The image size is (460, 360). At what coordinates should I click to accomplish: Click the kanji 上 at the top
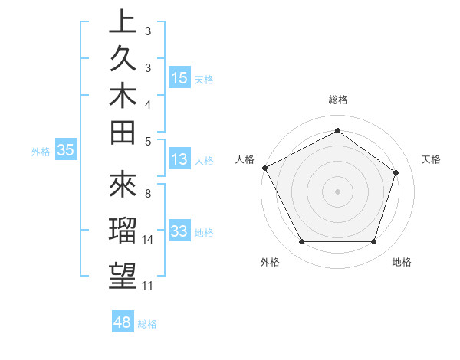pyautogui.click(x=123, y=22)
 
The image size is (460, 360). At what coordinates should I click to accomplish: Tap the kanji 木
pyautogui.click(x=123, y=97)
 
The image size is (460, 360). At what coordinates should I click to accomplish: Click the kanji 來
pyautogui.click(x=123, y=185)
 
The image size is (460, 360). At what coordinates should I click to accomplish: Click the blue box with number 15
pyautogui.click(x=179, y=78)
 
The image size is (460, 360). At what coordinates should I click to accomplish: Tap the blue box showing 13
pyautogui.click(x=179, y=160)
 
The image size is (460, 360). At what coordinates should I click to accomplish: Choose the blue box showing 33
pyautogui.click(x=179, y=231)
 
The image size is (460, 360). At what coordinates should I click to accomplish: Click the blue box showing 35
pyautogui.click(x=66, y=151)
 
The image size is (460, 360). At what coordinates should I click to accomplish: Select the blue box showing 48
pyautogui.click(x=123, y=322)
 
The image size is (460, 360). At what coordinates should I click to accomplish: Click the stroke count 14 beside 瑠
pyautogui.click(x=148, y=240)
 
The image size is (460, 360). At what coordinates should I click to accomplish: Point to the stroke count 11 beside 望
pyautogui.click(x=148, y=286)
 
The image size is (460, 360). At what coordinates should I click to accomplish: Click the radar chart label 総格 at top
pyautogui.click(x=338, y=100)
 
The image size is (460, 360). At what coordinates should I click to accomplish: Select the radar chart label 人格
pyautogui.click(x=245, y=159)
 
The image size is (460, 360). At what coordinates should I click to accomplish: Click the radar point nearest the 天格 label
pyautogui.click(x=396, y=172)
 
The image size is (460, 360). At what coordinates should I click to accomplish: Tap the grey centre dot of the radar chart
pyautogui.click(x=338, y=191)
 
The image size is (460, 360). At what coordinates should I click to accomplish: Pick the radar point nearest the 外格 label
pyautogui.click(x=301, y=242)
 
